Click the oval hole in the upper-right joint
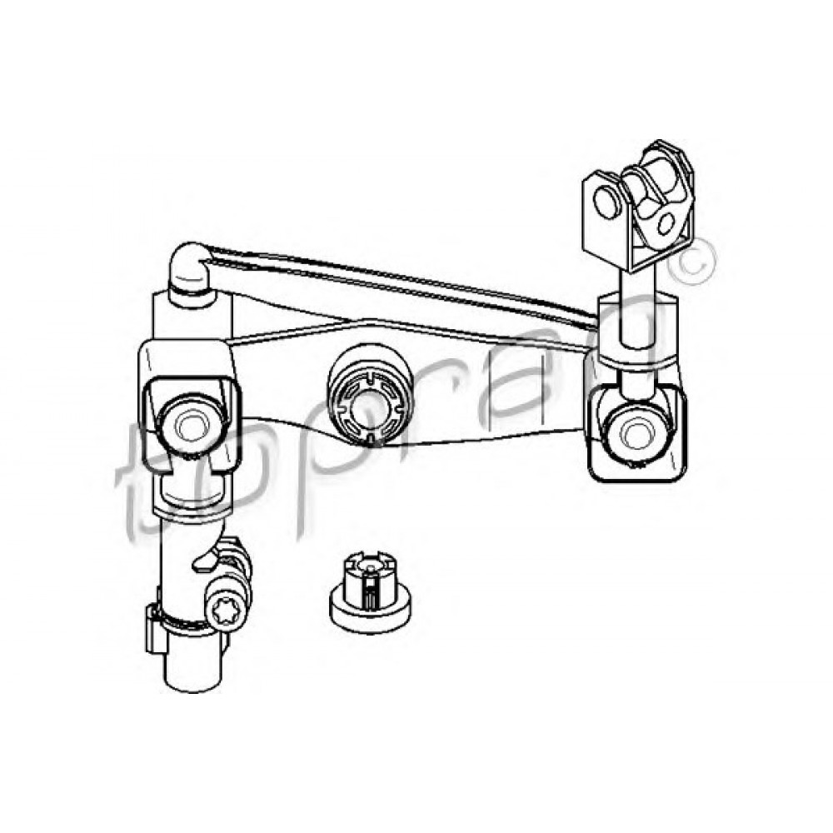point(664,221)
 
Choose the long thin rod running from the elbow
point(400,279)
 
